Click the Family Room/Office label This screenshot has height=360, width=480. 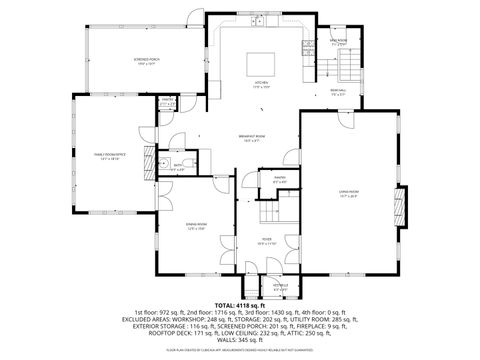[x=108, y=155]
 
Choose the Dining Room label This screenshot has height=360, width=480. [x=196, y=226]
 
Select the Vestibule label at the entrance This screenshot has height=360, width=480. [x=283, y=287]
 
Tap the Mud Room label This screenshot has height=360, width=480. [x=339, y=42]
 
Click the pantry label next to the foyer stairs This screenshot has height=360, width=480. [x=281, y=181]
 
